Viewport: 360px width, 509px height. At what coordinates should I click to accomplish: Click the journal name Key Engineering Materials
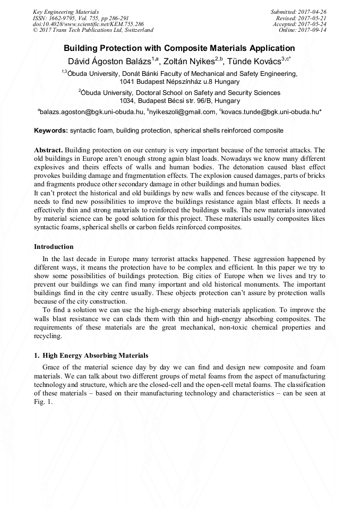pyautogui.click(x=66, y=12)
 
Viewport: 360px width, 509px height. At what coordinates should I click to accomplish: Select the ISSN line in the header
pyautogui.click(x=80, y=18)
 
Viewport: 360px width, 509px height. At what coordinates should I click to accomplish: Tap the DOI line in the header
pyautogui.click(x=88, y=24)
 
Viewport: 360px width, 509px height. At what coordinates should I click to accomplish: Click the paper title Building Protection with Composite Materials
pyautogui.click(x=179, y=48)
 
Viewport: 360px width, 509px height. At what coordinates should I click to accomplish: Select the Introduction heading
pyautogui.click(x=54, y=247)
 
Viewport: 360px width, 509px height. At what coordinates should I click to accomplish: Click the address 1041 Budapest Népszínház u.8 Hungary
pyautogui.click(x=179, y=82)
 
